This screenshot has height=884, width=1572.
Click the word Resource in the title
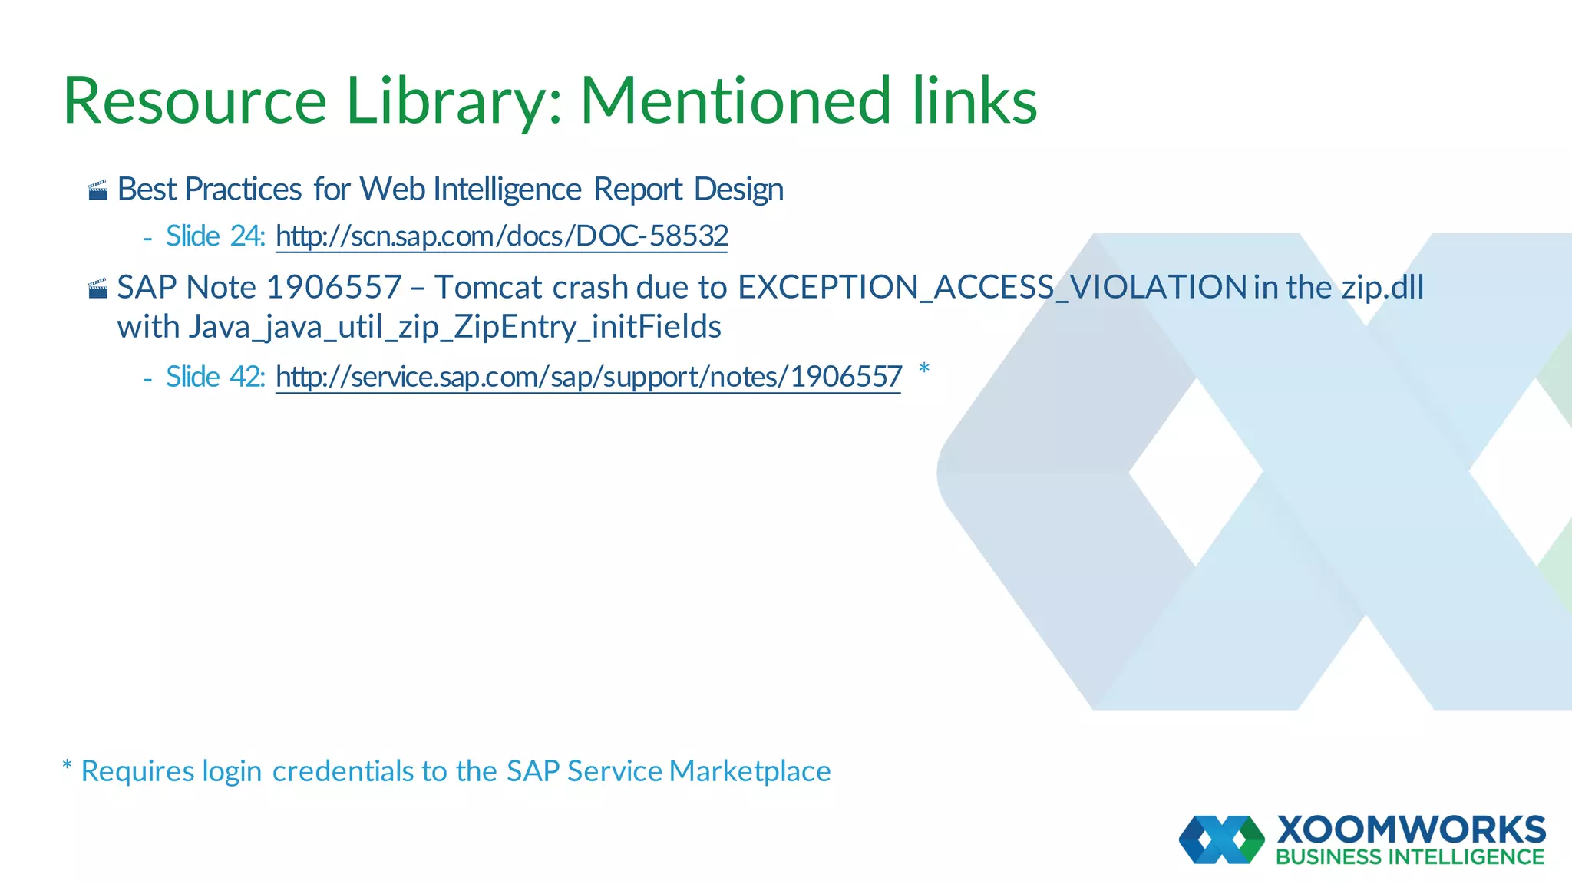(x=195, y=101)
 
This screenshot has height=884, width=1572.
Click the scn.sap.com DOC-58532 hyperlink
(x=501, y=236)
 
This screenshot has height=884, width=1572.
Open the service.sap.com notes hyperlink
(x=588, y=378)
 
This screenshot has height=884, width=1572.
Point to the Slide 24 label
(x=215, y=236)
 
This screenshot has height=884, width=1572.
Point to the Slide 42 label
(x=215, y=378)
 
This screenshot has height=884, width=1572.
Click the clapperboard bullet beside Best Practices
(x=97, y=190)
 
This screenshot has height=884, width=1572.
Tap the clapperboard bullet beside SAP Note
(x=97, y=289)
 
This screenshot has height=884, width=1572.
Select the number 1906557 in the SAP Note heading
(x=334, y=288)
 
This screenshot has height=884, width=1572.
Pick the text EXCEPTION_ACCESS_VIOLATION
(x=992, y=288)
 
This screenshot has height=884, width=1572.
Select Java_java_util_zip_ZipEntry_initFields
(x=454, y=328)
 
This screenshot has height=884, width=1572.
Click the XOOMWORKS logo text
(x=1411, y=830)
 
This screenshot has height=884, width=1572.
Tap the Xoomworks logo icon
(x=1221, y=839)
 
